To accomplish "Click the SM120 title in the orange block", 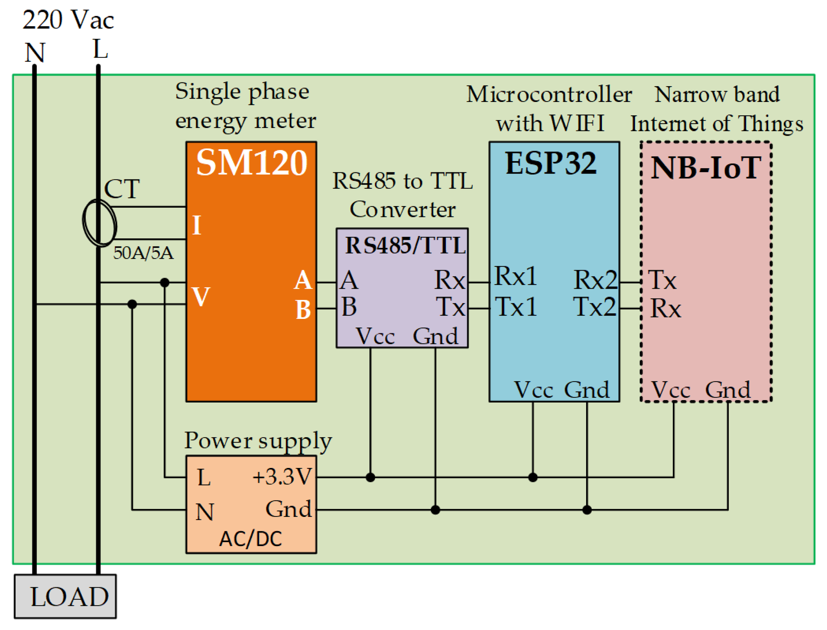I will coord(251,162).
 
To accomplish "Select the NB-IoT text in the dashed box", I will coord(705,168).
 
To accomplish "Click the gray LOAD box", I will coord(66,596).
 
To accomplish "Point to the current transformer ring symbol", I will coord(99,223).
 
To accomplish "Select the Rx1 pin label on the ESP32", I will coord(515,276).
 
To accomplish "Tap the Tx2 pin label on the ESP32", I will coord(595,307).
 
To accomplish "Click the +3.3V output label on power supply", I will coord(282,477).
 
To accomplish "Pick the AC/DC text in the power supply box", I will coord(250,539).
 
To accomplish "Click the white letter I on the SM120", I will coord(197,225).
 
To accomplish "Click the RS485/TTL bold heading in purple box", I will coord(405,246).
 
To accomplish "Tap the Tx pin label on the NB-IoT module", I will coord(662,280).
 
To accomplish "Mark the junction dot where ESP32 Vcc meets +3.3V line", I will coord(533,477).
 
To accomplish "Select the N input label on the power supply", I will coord(205,512).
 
